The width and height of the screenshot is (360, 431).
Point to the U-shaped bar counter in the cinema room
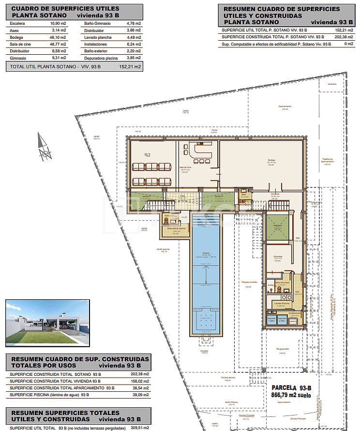200,151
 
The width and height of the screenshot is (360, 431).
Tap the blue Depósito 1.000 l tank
271,320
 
